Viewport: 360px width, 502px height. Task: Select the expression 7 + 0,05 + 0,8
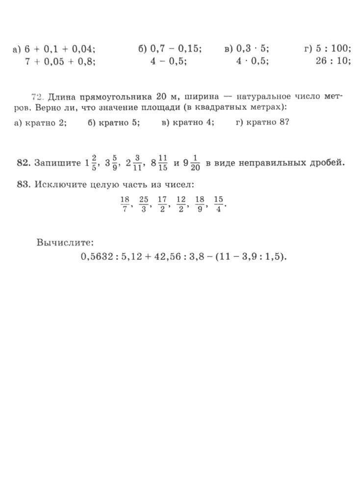pos(60,61)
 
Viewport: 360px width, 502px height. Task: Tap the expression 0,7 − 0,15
pos(176,49)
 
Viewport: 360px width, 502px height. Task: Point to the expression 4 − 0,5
pos(168,61)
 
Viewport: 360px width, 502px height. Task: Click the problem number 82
pos(23,163)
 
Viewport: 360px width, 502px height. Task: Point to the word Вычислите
pos(65,242)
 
